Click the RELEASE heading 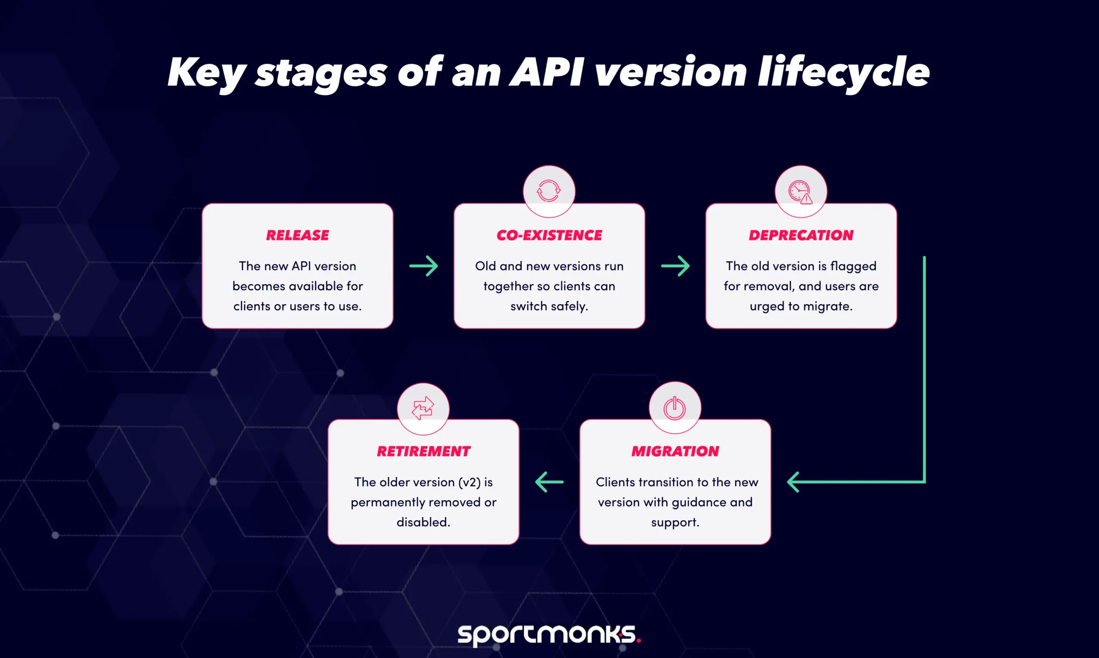(x=298, y=235)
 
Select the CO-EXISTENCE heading (x=549, y=235)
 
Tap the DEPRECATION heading (x=801, y=235)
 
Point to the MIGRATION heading (x=675, y=451)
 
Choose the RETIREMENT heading (x=423, y=451)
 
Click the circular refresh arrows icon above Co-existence (x=549, y=191)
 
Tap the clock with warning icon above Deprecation (x=800, y=191)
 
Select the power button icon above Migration (x=674, y=408)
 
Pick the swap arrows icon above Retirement (x=423, y=408)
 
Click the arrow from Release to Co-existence (x=423, y=266)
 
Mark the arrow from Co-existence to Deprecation (x=675, y=266)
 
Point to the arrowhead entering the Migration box (x=793, y=482)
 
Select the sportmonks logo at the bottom (x=549, y=634)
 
